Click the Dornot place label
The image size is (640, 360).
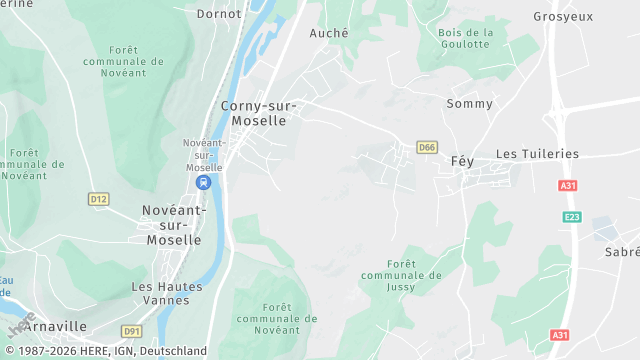click(x=218, y=15)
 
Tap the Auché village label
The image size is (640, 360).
click(x=329, y=33)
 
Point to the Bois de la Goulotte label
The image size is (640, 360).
click(x=466, y=39)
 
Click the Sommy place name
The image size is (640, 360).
click(x=469, y=104)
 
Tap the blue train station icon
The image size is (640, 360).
click(x=204, y=183)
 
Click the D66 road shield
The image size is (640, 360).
click(x=427, y=147)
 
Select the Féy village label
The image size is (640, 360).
click(x=462, y=161)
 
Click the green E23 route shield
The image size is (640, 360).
click(x=571, y=216)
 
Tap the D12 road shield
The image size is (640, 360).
click(x=97, y=199)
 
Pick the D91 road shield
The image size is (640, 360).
click(x=132, y=330)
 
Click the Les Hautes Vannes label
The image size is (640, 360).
click(x=167, y=293)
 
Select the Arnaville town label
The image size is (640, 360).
click(x=55, y=327)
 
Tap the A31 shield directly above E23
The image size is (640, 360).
click(x=568, y=186)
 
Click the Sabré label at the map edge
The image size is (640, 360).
click(x=621, y=253)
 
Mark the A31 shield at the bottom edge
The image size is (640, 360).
click(x=560, y=335)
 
